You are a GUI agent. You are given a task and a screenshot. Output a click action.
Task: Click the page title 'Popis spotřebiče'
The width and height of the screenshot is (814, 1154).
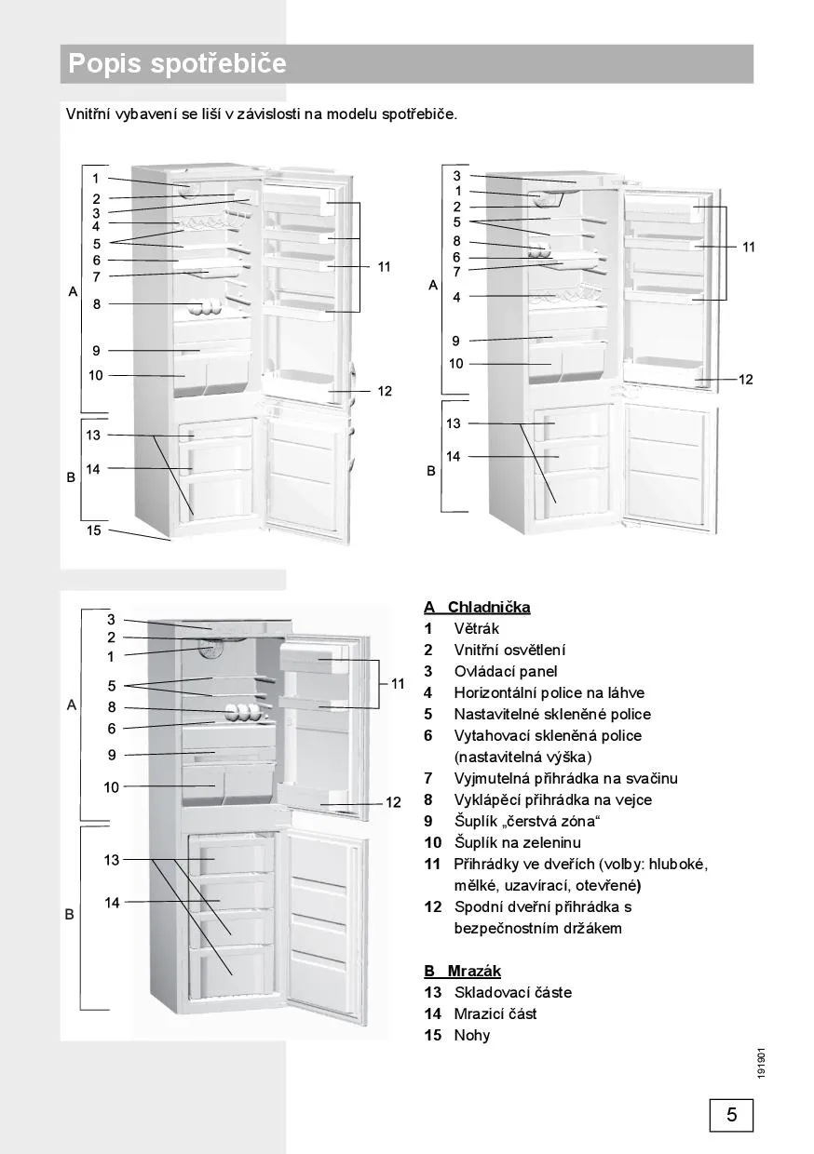pos(177,64)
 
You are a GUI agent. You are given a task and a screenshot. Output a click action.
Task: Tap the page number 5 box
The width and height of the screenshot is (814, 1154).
pos(731,1115)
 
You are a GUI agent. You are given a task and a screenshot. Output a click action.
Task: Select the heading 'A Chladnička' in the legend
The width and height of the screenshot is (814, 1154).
pos(477,608)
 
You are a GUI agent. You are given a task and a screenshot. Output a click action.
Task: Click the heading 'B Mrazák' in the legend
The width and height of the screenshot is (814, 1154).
pos(463,971)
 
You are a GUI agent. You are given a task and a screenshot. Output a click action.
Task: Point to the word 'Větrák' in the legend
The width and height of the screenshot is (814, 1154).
pos(476,629)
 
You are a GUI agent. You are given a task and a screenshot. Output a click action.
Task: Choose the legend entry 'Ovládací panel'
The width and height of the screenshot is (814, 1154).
pos(506,671)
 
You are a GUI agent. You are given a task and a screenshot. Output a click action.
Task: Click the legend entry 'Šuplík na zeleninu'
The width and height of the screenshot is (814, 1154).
pos(515,842)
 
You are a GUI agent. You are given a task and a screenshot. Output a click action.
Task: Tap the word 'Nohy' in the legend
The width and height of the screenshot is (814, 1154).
pos(472,1035)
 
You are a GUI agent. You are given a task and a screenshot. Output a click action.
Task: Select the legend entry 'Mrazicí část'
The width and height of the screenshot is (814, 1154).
pos(495,1013)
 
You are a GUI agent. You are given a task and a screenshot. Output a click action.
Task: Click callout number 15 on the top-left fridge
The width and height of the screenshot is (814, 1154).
pos(93,530)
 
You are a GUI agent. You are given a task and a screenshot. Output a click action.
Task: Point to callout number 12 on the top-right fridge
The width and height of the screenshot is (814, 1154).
pos(745,380)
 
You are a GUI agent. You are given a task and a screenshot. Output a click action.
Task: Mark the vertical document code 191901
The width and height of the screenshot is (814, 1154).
pos(762,1064)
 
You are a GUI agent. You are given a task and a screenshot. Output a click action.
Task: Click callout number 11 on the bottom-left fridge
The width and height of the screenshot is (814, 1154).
pos(398,684)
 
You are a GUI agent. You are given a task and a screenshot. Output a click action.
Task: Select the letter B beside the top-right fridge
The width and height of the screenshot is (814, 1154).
pos(431,472)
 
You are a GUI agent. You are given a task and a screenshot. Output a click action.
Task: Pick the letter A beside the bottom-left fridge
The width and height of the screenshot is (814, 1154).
pos(71,705)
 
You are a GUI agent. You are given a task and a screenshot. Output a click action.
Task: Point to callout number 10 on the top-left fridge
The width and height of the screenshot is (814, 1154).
pos(95,376)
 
